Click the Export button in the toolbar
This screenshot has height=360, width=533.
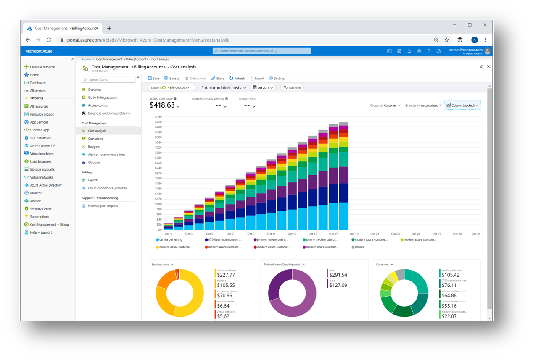257,78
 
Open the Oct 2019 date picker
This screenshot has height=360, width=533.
263,88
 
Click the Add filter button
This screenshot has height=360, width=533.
292,88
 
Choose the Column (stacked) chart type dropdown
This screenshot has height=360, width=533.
462,105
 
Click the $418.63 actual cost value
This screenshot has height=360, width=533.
162,105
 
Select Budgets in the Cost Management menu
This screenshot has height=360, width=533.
94,147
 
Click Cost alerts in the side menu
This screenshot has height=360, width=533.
95,139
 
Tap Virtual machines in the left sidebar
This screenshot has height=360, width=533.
42,154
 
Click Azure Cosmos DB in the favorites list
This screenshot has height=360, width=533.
42,146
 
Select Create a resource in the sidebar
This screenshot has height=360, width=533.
42,67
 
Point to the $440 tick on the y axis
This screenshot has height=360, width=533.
158,116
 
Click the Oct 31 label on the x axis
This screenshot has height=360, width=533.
475,234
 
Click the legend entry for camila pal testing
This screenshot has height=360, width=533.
170,239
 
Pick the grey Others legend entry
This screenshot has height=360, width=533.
359,247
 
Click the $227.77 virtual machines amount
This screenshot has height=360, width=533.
226,275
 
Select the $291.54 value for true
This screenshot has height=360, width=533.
338,275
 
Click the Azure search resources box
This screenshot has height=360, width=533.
262,51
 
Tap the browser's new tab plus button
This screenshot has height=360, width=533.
109,28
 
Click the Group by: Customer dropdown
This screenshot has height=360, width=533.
385,105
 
